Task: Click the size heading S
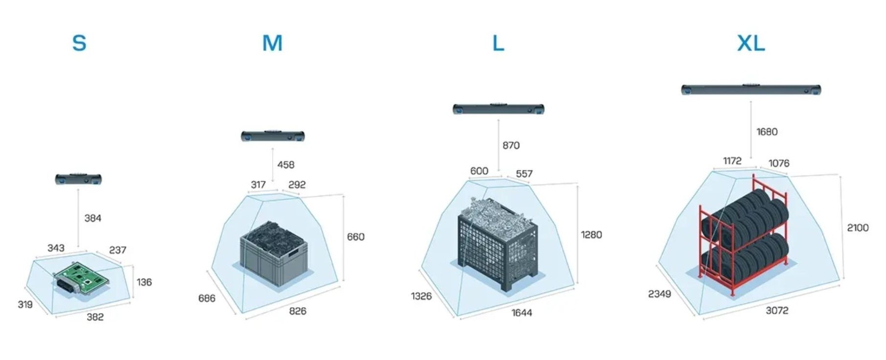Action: coord(79,43)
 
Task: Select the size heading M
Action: coord(272,43)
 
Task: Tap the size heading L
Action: coord(498,43)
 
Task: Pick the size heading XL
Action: coord(751,43)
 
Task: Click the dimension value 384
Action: coord(93,218)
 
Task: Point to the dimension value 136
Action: coord(144,282)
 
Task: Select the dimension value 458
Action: coord(286,165)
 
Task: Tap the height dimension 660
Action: coord(356,237)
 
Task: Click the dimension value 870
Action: coord(511,146)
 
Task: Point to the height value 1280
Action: coord(591,235)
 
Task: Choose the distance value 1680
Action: coord(767,132)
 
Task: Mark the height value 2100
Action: coord(858,228)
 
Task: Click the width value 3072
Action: coord(777,311)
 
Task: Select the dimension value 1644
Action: coord(521,313)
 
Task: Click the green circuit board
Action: coord(82,280)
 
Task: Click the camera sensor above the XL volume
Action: coord(751,90)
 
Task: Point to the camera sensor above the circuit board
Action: coord(78,179)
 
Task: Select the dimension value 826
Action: coord(298,311)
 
